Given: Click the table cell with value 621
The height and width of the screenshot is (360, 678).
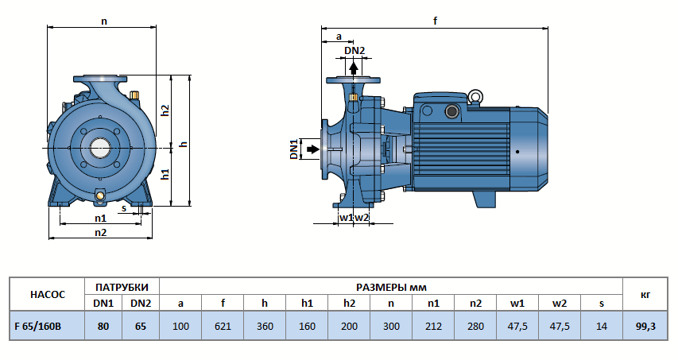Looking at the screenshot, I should (223, 324).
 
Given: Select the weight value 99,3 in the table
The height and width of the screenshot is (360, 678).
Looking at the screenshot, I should (645, 324).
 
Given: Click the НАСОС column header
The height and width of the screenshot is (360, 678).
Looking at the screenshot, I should (46, 294).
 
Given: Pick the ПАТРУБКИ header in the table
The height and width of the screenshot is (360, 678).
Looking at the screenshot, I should (121, 286).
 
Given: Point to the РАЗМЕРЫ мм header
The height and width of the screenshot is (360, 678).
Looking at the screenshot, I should (390, 286).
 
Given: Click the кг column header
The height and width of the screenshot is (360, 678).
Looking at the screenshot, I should (645, 294).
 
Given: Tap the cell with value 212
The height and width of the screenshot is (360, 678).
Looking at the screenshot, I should (433, 324).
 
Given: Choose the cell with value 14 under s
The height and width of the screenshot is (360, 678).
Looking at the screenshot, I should (602, 324).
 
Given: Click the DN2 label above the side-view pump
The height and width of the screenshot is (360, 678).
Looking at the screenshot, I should (354, 51).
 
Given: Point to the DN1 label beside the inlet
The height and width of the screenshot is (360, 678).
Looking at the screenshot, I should (293, 149).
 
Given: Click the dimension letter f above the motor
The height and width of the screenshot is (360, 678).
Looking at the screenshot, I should (436, 21).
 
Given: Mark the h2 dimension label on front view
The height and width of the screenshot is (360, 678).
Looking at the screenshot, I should (165, 110).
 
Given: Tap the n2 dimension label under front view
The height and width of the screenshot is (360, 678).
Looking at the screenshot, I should (100, 232).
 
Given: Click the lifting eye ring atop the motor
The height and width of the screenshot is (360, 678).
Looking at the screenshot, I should (475, 97).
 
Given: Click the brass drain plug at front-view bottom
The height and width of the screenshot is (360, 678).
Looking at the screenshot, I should (100, 195).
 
